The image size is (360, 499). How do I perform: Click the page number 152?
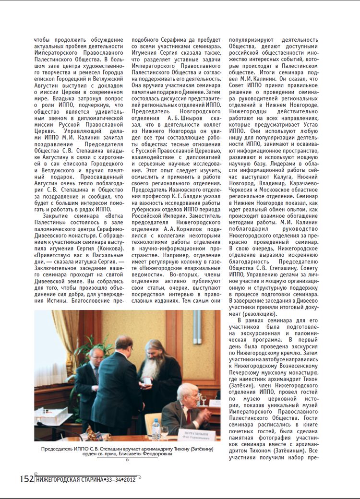tap(26, 479)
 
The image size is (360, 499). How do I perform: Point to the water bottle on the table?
tap(156, 428)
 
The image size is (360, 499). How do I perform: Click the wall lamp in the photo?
tap(197, 326)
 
